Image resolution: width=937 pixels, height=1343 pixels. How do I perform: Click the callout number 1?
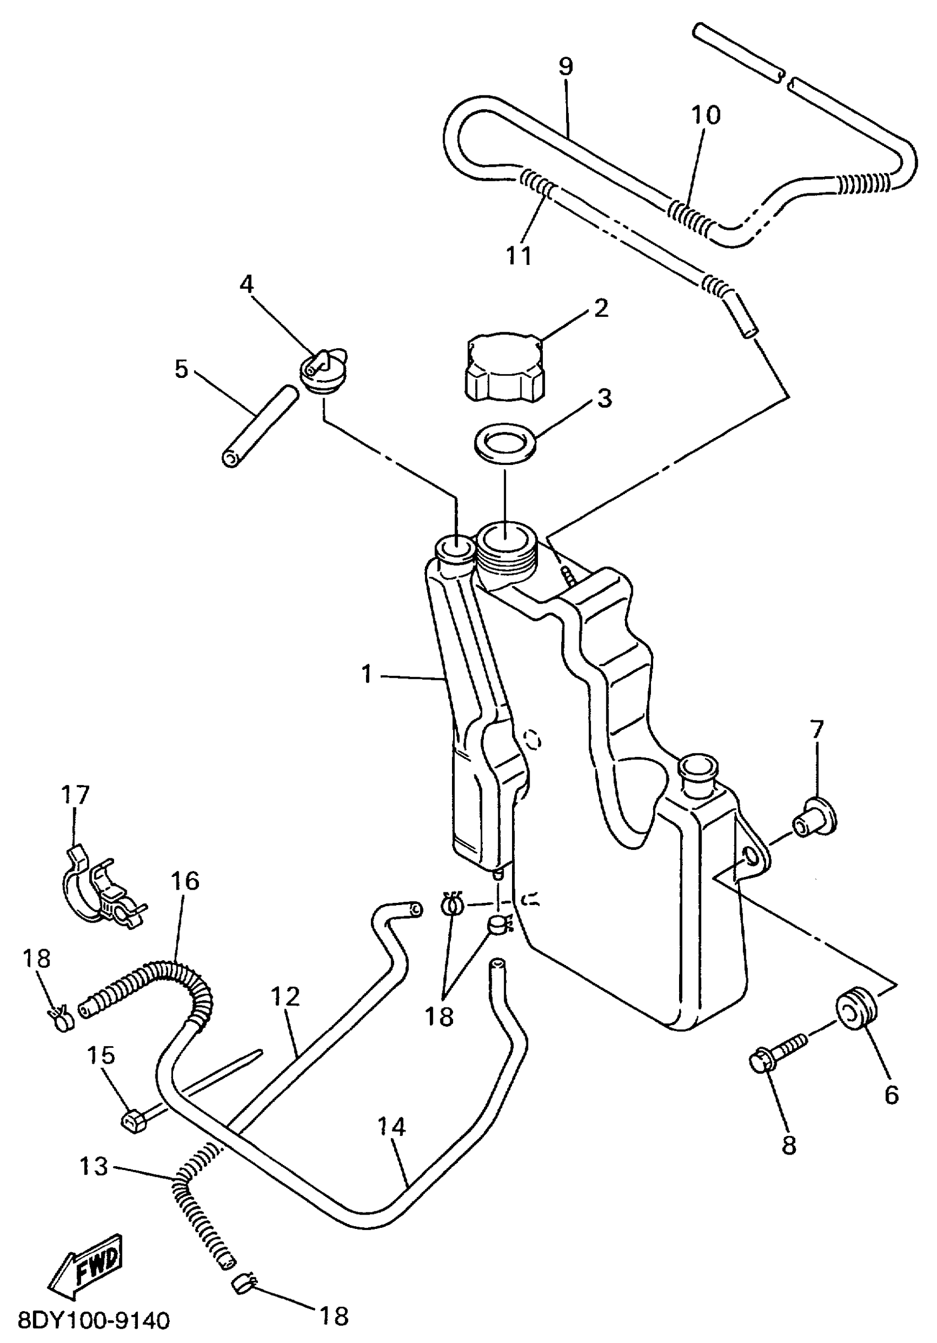[367, 674]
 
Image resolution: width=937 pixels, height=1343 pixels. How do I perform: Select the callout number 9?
[566, 66]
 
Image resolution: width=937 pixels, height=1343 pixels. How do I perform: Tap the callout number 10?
[706, 115]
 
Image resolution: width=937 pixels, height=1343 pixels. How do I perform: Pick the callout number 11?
[519, 256]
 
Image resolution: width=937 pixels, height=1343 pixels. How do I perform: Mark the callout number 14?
[391, 1126]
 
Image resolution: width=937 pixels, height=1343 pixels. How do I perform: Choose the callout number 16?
[185, 881]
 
